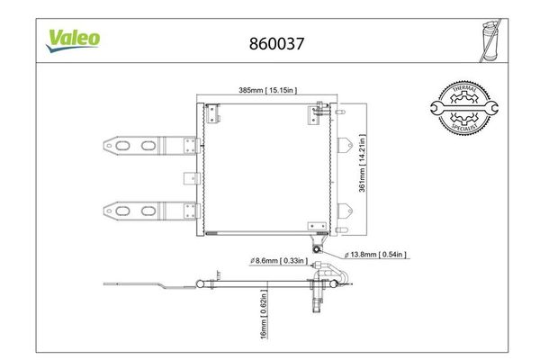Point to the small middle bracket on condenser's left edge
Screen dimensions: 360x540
(188, 177)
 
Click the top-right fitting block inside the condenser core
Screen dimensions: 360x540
(318, 111)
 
